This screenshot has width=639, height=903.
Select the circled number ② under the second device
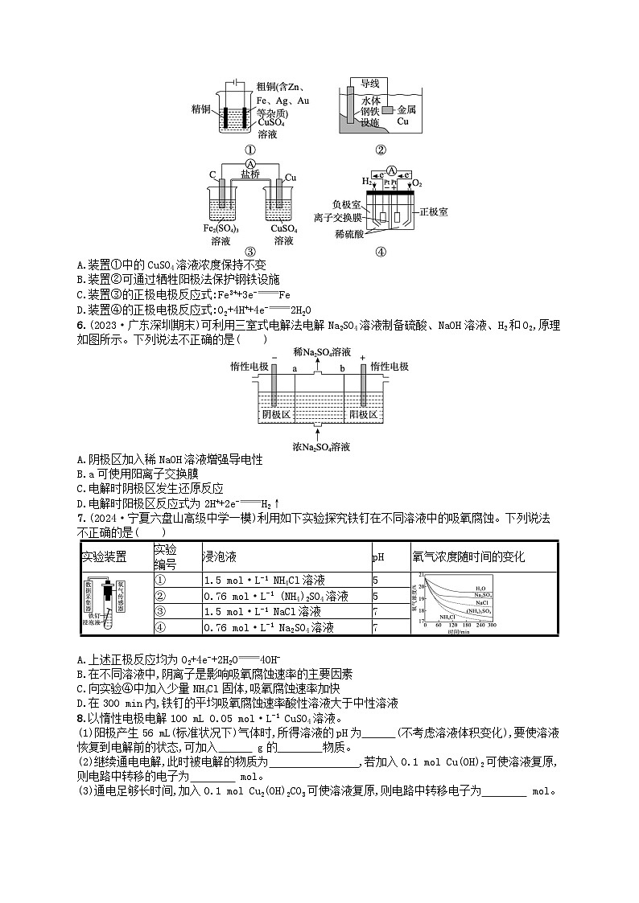381,149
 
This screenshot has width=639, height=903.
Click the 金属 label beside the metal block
407,109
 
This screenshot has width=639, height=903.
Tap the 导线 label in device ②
369,84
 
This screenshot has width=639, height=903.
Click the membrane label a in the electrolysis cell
294,368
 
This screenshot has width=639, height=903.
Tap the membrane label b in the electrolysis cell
344,368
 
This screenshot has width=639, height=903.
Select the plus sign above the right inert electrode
364,356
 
